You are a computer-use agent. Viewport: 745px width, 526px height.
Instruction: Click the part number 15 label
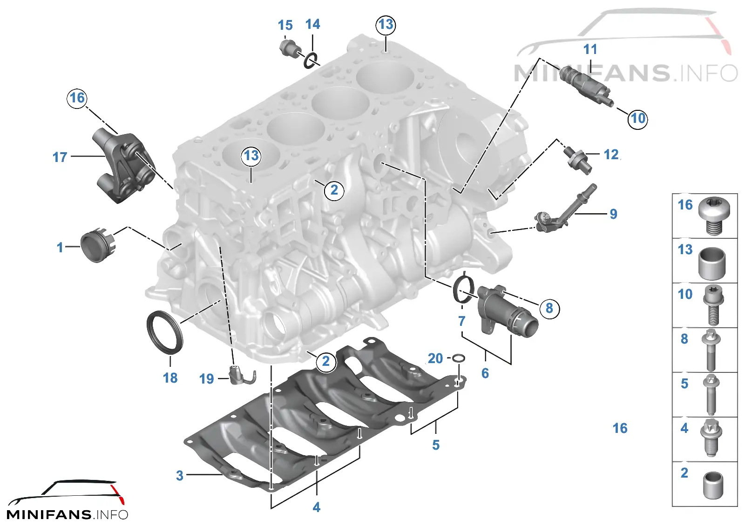pos(285,25)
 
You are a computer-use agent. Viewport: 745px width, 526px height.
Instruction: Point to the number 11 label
pos(590,49)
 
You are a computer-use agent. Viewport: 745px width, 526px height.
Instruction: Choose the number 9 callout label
pos(614,214)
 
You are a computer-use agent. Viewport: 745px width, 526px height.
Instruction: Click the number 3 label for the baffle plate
pos(180,475)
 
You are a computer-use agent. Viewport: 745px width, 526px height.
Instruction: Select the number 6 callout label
pos(485,373)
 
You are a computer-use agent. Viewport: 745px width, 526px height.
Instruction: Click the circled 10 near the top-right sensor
pos(637,118)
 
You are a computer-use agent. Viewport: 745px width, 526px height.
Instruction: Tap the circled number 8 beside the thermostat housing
pos(549,308)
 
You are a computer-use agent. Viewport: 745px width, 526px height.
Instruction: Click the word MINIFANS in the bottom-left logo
pos(49,515)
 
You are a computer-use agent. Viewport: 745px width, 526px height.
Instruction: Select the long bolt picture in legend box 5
pos(711,395)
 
